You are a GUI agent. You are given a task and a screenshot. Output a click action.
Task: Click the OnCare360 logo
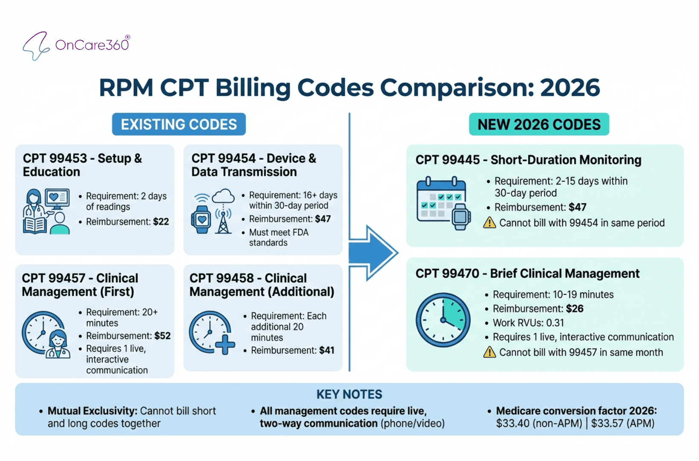click(x=76, y=45)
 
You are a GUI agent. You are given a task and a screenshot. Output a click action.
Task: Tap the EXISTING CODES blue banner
click(x=179, y=124)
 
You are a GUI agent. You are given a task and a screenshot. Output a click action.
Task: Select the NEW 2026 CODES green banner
click(x=539, y=124)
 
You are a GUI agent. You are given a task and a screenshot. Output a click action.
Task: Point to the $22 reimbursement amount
click(x=161, y=222)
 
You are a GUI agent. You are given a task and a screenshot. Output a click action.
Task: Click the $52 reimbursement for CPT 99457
click(x=162, y=336)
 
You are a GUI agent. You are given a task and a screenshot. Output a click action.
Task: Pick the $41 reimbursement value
click(x=326, y=350)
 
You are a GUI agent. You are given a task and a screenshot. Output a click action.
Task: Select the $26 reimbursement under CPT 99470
click(x=575, y=309)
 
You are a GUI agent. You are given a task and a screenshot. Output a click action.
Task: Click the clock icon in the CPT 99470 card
click(x=443, y=320)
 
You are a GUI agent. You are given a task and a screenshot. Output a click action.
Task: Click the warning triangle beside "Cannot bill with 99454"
click(x=489, y=223)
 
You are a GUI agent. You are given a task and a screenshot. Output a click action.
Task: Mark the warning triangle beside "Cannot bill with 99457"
click(x=489, y=352)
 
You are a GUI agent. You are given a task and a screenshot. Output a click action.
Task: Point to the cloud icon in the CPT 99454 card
click(x=223, y=196)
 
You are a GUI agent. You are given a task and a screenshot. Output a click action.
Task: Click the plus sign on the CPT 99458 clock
click(x=225, y=344)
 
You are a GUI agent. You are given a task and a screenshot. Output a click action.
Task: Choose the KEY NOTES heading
click(x=349, y=394)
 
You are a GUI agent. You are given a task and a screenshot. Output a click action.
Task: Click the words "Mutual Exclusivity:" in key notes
click(x=92, y=411)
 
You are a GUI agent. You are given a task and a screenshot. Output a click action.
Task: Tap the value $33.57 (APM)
click(x=622, y=423)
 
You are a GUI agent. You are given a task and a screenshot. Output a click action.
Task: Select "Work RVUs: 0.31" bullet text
click(x=528, y=323)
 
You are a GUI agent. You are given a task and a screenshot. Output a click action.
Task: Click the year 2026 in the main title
click(x=570, y=88)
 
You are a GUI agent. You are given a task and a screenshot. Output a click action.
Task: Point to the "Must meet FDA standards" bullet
click(x=278, y=237)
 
